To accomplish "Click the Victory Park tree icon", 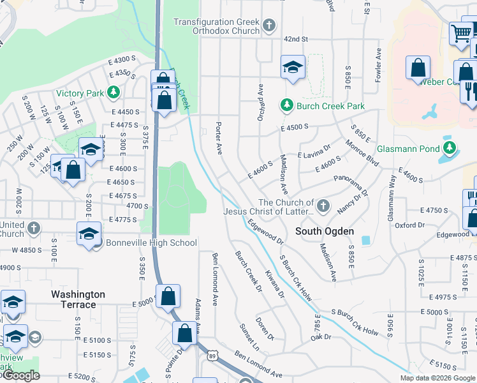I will tap(114, 93).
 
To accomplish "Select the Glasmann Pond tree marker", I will tap(450, 149).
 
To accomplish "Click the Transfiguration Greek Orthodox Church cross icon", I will tap(269, 26).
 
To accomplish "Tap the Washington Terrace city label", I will tap(78, 299).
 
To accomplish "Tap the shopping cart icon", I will tap(460, 33).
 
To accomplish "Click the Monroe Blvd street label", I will tap(362, 156).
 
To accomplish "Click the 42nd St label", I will tap(296, 39).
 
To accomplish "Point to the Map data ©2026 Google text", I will tap(437, 378).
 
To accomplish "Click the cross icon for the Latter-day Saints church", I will tap(324, 206).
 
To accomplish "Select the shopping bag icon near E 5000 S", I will tap(168, 296).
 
